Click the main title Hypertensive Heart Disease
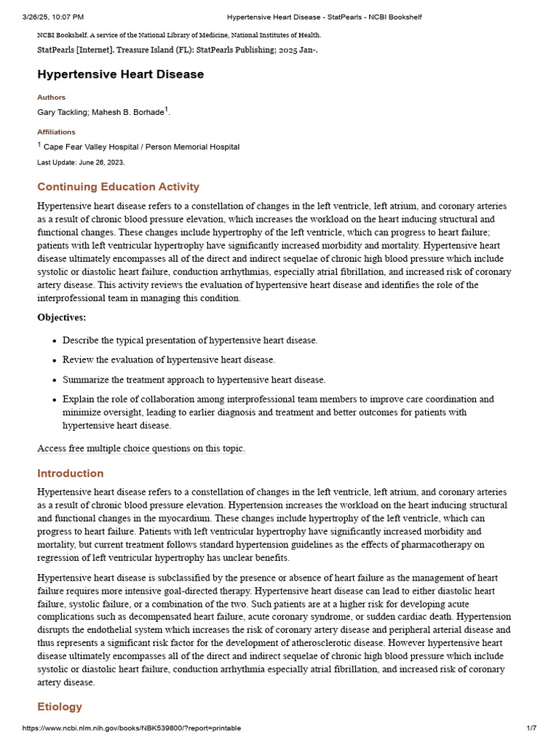click(121, 74)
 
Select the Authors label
click(51, 97)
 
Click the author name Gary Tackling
click(61, 112)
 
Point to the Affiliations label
click(56, 132)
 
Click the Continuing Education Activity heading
click(118, 187)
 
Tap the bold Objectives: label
click(61, 317)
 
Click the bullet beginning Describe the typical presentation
click(190, 340)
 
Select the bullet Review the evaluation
click(169, 360)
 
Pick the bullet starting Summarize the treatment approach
click(194, 380)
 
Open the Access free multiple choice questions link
click(141, 449)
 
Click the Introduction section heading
click(71, 474)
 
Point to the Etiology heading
click(60, 707)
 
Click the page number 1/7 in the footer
click(531, 728)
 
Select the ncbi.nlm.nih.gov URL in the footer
click(131, 728)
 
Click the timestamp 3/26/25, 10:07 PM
click(53, 17)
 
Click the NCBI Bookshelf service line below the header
click(179, 35)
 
